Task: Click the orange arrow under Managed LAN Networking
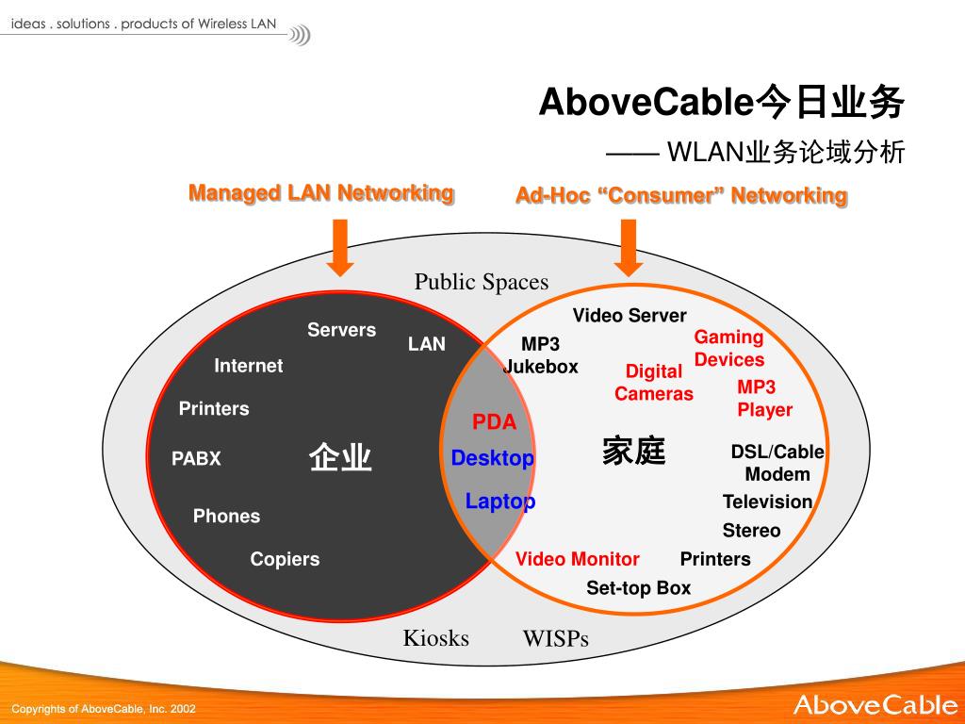pyautogui.click(x=339, y=248)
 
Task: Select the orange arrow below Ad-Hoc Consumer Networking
pyautogui.click(x=629, y=248)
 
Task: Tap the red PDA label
pyautogui.click(x=494, y=421)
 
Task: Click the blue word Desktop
pyautogui.click(x=492, y=458)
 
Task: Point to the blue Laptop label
pyautogui.click(x=499, y=502)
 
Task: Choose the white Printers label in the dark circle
pyautogui.click(x=214, y=409)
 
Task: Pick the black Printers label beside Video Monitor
pyautogui.click(x=715, y=559)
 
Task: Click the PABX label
pyautogui.click(x=196, y=459)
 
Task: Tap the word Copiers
pyautogui.click(x=285, y=560)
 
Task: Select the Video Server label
pyautogui.click(x=630, y=316)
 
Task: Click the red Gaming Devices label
pyautogui.click(x=729, y=349)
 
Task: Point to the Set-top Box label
pyautogui.click(x=639, y=588)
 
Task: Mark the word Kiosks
pyautogui.click(x=435, y=638)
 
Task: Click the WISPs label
pyautogui.click(x=556, y=639)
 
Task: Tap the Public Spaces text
pyautogui.click(x=482, y=282)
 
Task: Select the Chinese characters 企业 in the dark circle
pyautogui.click(x=340, y=457)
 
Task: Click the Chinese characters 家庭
pyautogui.click(x=634, y=451)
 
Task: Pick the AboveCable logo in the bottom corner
pyautogui.click(x=875, y=705)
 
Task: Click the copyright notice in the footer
pyautogui.click(x=104, y=709)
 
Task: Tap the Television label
pyautogui.click(x=767, y=502)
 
